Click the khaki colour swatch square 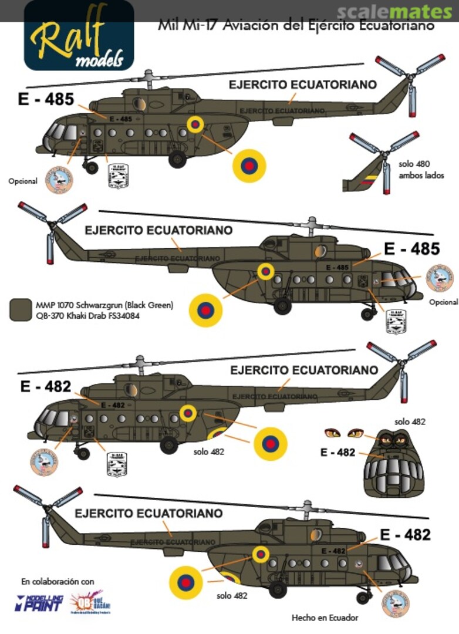click(x=21, y=309)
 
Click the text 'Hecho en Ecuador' click(x=325, y=617)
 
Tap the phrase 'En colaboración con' click(x=58, y=582)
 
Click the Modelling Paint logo click(x=39, y=603)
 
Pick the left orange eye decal click(x=332, y=433)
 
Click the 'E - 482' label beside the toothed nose click(x=338, y=453)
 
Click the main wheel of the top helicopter click(x=177, y=158)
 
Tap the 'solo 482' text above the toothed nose click(x=410, y=421)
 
